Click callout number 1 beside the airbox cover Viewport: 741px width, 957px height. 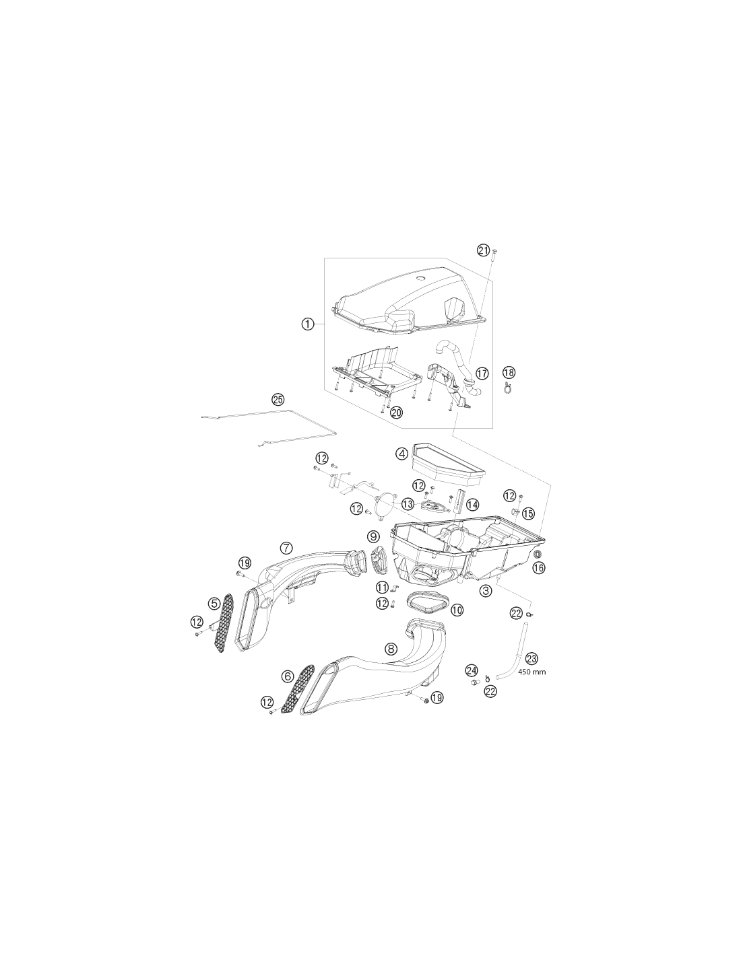[x=307, y=324]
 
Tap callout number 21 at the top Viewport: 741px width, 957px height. [x=483, y=250]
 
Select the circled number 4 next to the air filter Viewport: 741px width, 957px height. [x=401, y=454]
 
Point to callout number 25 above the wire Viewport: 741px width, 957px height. [x=278, y=400]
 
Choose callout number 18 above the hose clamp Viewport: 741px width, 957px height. [x=509, y=372]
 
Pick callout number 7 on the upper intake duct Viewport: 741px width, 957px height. [x=286, y=548]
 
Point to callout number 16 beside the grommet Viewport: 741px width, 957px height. [x=538, y=568]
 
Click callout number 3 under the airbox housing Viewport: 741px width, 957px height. [x=485, y=591]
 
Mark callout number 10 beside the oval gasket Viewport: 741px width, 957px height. [x=457, y=610]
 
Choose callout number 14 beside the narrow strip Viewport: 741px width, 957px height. [x=472, y=504]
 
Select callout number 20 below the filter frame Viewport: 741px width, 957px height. [x=396, y=413]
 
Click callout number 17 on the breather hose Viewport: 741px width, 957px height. [x=482, y=374]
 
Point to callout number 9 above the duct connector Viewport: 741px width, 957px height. [x=373, y=536]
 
